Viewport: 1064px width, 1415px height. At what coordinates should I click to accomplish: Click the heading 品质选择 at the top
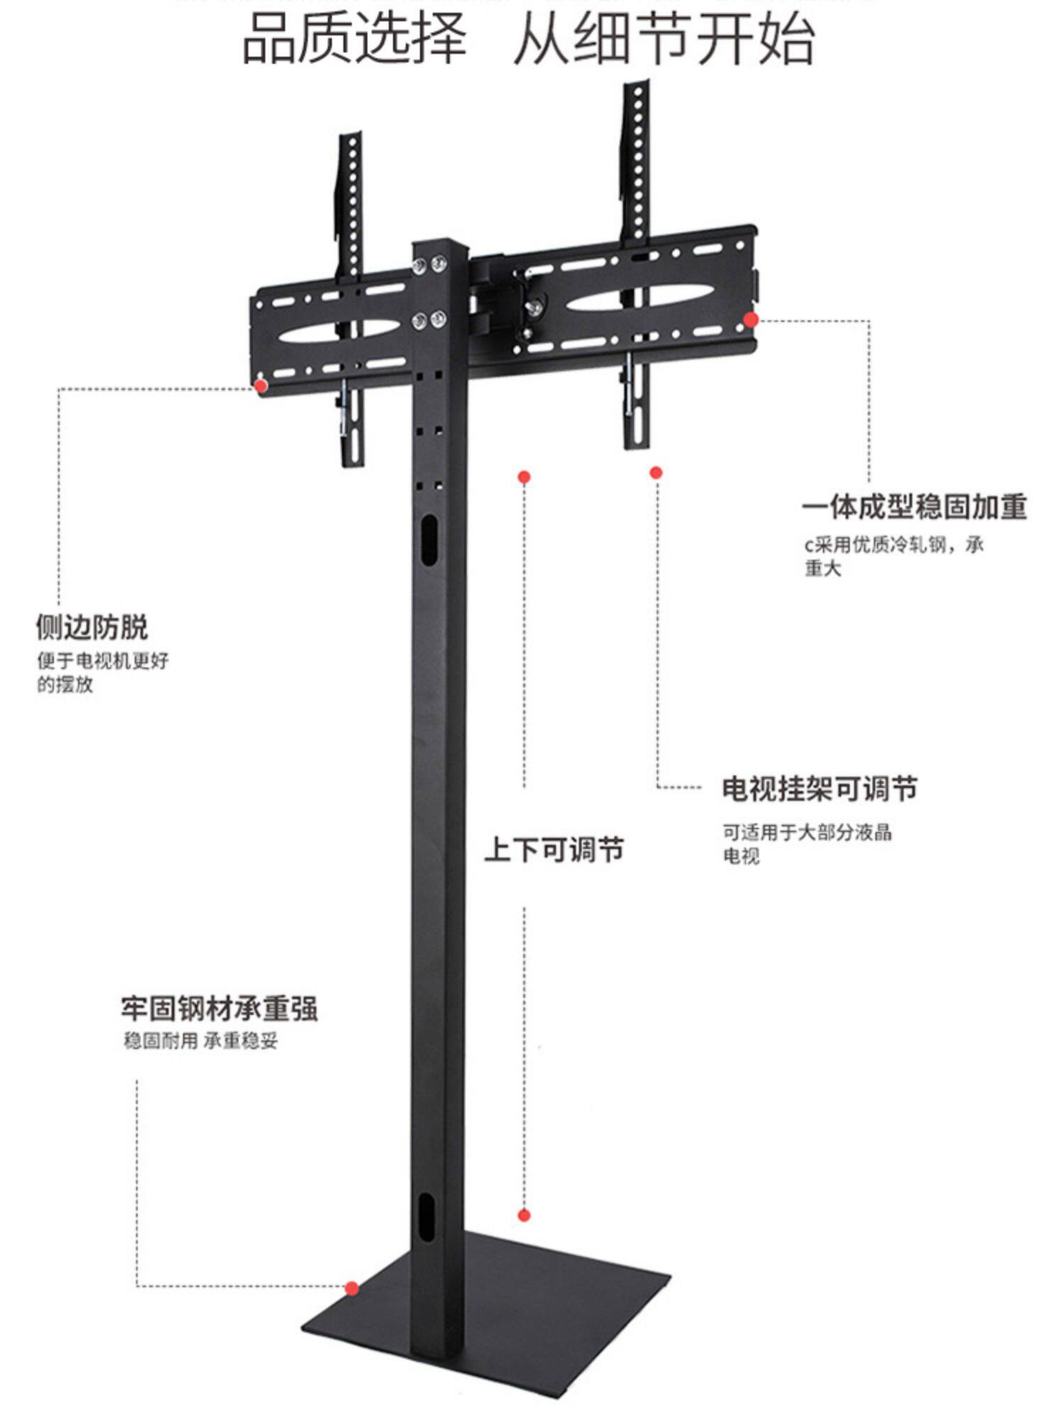[x=355, y=39]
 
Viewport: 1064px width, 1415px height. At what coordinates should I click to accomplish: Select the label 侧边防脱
[x=92, y=628]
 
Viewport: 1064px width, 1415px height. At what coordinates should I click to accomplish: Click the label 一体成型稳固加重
[x=914, y=508]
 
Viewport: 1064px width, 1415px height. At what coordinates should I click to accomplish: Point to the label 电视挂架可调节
[x=819, y=789]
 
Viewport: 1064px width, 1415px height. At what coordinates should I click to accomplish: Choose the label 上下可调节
[x=553, y=849]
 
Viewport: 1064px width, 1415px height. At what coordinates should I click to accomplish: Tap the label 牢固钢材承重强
[x=219, y=1009]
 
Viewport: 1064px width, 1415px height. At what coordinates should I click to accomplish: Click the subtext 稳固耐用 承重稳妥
[x=201, y=1041]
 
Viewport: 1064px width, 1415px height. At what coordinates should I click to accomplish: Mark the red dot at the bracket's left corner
[x=261, y=385]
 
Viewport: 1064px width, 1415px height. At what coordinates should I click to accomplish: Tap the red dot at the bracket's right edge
[x=751, y=320]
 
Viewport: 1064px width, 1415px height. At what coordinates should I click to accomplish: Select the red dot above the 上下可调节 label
[x=524, y=477]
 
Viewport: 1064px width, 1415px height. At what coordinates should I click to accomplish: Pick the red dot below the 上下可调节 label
[x=524, y=1216]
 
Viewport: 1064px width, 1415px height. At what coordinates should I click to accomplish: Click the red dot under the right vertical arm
[x=656, y=472]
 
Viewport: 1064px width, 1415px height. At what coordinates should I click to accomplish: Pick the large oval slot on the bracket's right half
[x=638, y=299]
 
